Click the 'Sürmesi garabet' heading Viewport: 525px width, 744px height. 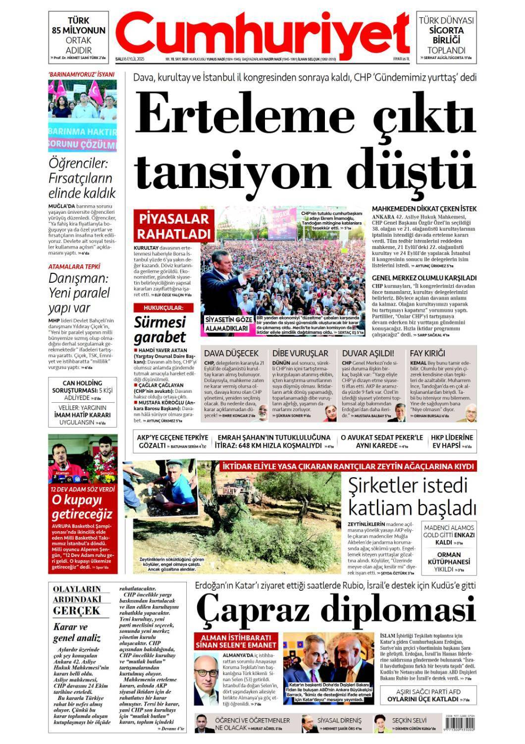[160, 329]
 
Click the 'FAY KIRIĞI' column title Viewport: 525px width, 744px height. [427, 353]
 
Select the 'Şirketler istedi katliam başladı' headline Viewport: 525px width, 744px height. [412, 496]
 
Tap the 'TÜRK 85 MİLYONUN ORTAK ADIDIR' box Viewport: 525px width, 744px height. [79, 35]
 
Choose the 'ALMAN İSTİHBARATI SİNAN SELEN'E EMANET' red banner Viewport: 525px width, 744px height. [236, 641]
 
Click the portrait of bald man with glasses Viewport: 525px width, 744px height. [206, 676]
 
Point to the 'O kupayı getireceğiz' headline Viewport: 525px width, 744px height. [82, 506]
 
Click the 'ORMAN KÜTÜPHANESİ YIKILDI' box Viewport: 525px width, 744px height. [449, 561]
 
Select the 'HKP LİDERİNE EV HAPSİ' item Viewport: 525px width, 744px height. [452, 441]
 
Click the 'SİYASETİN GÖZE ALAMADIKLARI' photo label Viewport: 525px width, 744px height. [227, 323]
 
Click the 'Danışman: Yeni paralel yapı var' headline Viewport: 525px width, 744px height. [79, 293]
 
